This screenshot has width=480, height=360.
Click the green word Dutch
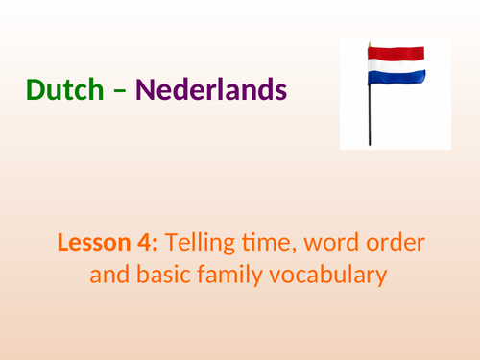point(65,91)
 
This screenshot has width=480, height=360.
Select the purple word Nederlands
point(211,91)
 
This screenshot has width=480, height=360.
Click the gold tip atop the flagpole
point(368,43)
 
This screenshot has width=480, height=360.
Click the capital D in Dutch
point(36,91)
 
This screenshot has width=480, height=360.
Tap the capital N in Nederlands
point(145,91)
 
